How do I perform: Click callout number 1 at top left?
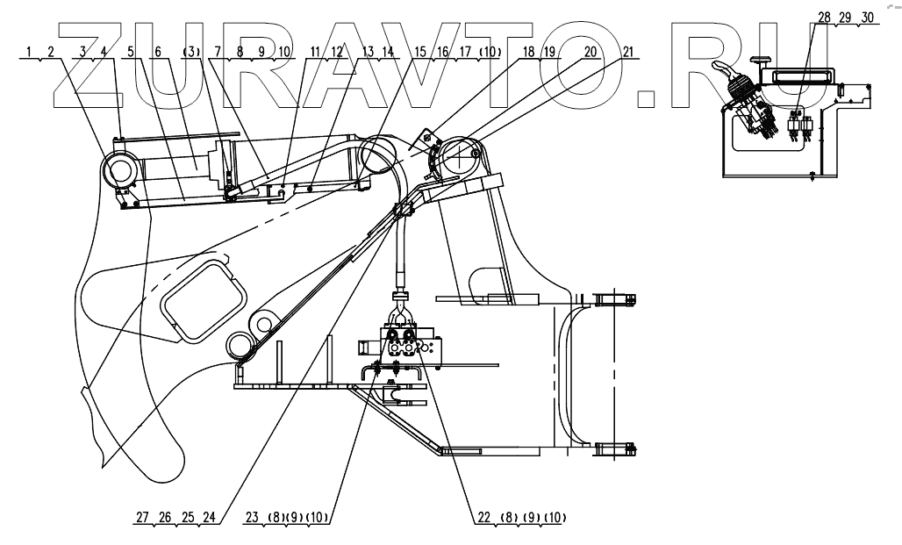[29, 51]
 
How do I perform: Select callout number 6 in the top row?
[158, 51]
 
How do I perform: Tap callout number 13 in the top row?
[368, 51]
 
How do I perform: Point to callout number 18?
[528, 51]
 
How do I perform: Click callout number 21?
[627, 51]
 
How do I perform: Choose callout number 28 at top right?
[823, 18]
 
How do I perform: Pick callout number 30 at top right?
[867, 18]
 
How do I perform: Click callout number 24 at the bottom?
[209, 518]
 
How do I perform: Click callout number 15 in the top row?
[420, 51]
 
